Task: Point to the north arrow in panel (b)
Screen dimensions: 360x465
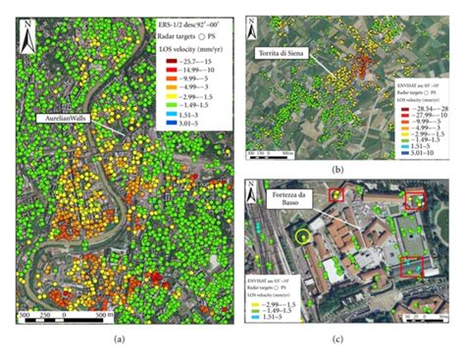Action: point(252,26)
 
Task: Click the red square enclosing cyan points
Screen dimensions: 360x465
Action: point(413,264)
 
